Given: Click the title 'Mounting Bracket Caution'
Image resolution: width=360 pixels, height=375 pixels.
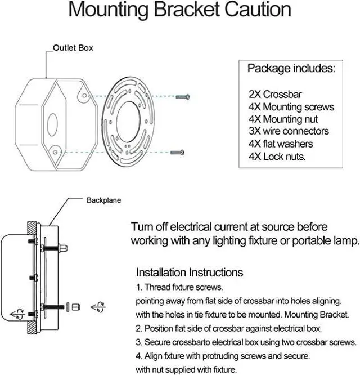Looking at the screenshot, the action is coord(179,10).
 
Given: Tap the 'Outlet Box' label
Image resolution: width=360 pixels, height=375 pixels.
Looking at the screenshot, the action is coord(73,48).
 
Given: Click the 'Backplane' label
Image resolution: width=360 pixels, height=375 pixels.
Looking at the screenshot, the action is coord(103,200).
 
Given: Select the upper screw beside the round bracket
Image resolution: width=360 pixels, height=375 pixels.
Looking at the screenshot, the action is coord(183,97).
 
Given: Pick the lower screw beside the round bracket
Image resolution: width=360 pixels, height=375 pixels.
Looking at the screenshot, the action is coord(177,153).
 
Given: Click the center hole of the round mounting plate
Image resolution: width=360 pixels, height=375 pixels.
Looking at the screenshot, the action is coord(128,122).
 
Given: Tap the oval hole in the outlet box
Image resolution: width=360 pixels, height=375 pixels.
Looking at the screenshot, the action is coord(52,125).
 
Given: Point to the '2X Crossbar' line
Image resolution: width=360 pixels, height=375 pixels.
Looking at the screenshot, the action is coord(275,94).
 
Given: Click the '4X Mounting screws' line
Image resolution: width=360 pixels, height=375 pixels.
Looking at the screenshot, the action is coord(291,107).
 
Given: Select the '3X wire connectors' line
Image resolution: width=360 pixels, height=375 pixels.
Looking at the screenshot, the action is coord(289,131).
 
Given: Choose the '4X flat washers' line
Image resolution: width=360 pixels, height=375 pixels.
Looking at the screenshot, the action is coord(281,144).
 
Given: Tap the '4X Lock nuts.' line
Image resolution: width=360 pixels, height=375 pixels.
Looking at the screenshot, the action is coord(277,157).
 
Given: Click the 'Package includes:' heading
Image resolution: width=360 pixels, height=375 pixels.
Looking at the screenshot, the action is coord(291,68).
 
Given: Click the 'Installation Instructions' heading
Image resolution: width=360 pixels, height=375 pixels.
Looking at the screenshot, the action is coord(190,273).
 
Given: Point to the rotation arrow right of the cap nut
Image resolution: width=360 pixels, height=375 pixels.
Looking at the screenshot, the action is coord(98,307).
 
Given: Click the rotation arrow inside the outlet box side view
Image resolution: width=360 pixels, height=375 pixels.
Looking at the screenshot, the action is coord(17,314).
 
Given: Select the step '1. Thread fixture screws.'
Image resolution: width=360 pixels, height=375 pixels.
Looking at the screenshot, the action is coord(179,287).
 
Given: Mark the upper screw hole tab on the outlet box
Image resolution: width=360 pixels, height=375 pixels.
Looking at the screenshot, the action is coord(84,95).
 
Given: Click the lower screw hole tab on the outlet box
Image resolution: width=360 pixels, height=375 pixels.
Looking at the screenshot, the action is coord(55,152).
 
